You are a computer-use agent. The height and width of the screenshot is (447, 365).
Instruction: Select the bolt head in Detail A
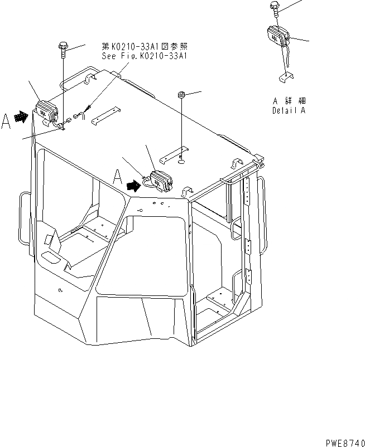coord(275,6)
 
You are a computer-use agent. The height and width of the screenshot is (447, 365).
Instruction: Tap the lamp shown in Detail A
coord(277,37)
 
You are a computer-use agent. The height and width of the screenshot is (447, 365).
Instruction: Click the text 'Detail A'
coord(289,110)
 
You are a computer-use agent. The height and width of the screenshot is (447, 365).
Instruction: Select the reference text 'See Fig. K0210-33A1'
coord(145,56)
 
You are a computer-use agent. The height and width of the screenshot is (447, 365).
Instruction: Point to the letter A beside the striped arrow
coord(6,122)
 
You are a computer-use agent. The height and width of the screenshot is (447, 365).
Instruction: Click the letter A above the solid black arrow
coord(118,177)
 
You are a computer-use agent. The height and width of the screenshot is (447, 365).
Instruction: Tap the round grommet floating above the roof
coord(181,94)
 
